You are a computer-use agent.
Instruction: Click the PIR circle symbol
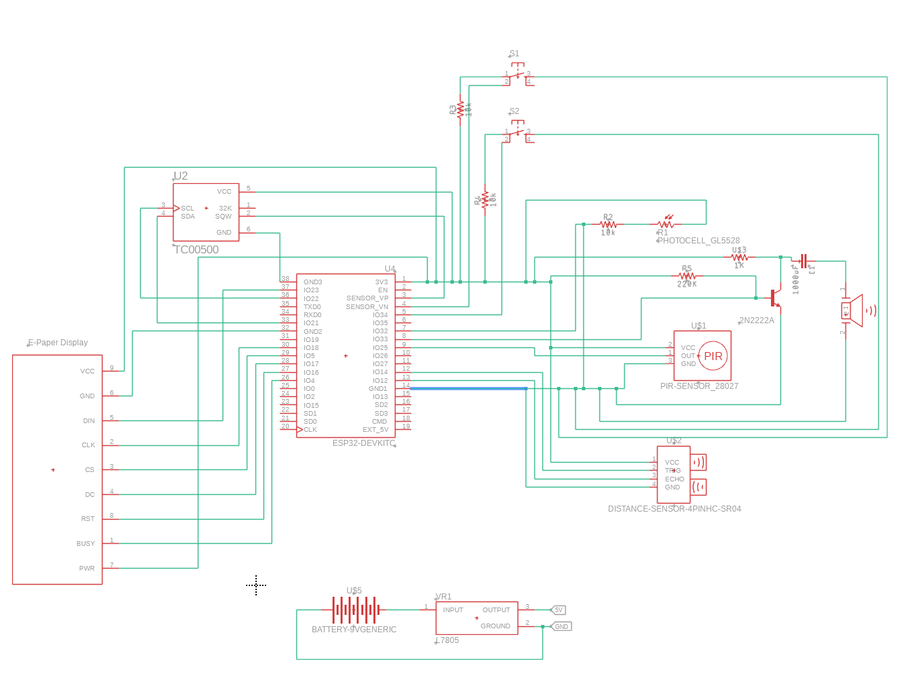pos(713,356)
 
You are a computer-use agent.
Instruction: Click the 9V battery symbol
pos(355,610)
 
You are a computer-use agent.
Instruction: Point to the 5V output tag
pos(558,610)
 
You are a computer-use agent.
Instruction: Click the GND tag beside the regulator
pos(561,627)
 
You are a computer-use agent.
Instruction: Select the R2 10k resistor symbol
pos(608,225)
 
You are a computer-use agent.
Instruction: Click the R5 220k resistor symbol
pos(686,276)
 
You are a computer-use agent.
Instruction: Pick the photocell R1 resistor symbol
pos(666,224)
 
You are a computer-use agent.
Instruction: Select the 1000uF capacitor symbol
pos(803,262)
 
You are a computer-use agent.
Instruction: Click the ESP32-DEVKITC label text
pos(363,443)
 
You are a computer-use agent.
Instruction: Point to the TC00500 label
pos(196,249)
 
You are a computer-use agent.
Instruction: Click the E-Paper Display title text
pos(58,343)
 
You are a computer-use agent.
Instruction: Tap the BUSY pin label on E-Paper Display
pos(86,544)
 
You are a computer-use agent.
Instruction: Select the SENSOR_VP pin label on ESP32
pos(367,298)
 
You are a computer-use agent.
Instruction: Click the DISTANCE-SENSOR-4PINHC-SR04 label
pos(674,509)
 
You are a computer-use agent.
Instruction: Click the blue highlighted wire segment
pos(468,388)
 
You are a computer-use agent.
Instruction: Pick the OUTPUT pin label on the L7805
pos(496,610)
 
